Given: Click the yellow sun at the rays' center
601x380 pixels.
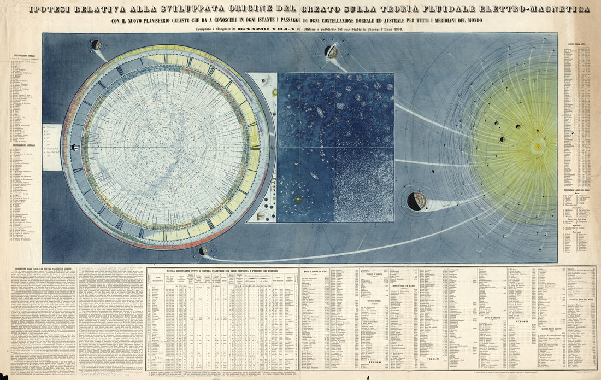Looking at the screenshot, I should tap(538, 147).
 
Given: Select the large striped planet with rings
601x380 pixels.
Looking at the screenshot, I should tap(418, 200).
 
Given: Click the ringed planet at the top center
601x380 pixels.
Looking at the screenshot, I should tap(331, 52).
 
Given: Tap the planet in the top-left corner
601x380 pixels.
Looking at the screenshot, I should tap(96, 45).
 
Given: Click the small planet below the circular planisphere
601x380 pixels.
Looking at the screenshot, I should tap(204, 251).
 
